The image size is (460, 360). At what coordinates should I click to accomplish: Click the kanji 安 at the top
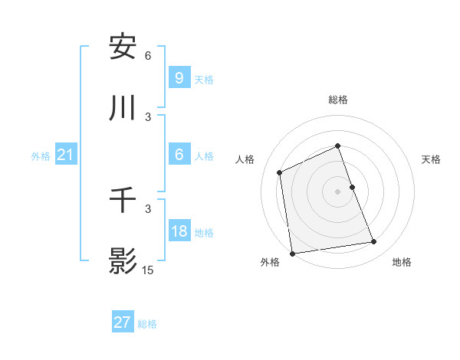click(123, 47)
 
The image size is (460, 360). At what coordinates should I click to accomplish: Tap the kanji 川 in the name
click(123, 109)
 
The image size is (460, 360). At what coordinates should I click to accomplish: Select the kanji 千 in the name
click(123, 201)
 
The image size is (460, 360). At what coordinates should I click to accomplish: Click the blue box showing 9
click(179, 77)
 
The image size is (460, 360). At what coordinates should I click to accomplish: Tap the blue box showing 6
click(179, 155)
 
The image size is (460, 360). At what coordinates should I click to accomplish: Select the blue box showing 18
click(179, 231)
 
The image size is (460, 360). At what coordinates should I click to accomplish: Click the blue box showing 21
click(65, 155)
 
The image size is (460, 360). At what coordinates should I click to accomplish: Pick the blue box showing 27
click(123, 322)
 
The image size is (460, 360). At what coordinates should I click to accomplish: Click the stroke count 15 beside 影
click(148, 270)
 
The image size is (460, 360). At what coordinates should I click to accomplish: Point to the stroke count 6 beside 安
click(148, 56)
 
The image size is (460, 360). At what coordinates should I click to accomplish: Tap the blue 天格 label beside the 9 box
click(204, 79)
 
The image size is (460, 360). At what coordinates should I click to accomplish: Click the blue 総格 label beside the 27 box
click(147, 324)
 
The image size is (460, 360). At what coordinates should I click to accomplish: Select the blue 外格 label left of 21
click(41, 156)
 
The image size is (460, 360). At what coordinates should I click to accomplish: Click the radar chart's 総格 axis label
click(338, 100)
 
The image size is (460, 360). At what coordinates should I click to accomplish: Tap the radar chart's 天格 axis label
click(432, 159)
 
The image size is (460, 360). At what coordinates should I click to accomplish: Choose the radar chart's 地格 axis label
click(402, 262)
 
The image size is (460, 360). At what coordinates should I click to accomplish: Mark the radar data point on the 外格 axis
click(292, 253)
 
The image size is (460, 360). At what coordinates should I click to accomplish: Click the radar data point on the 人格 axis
click(280, 172)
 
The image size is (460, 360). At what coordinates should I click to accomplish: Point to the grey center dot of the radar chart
click(338, 191)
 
